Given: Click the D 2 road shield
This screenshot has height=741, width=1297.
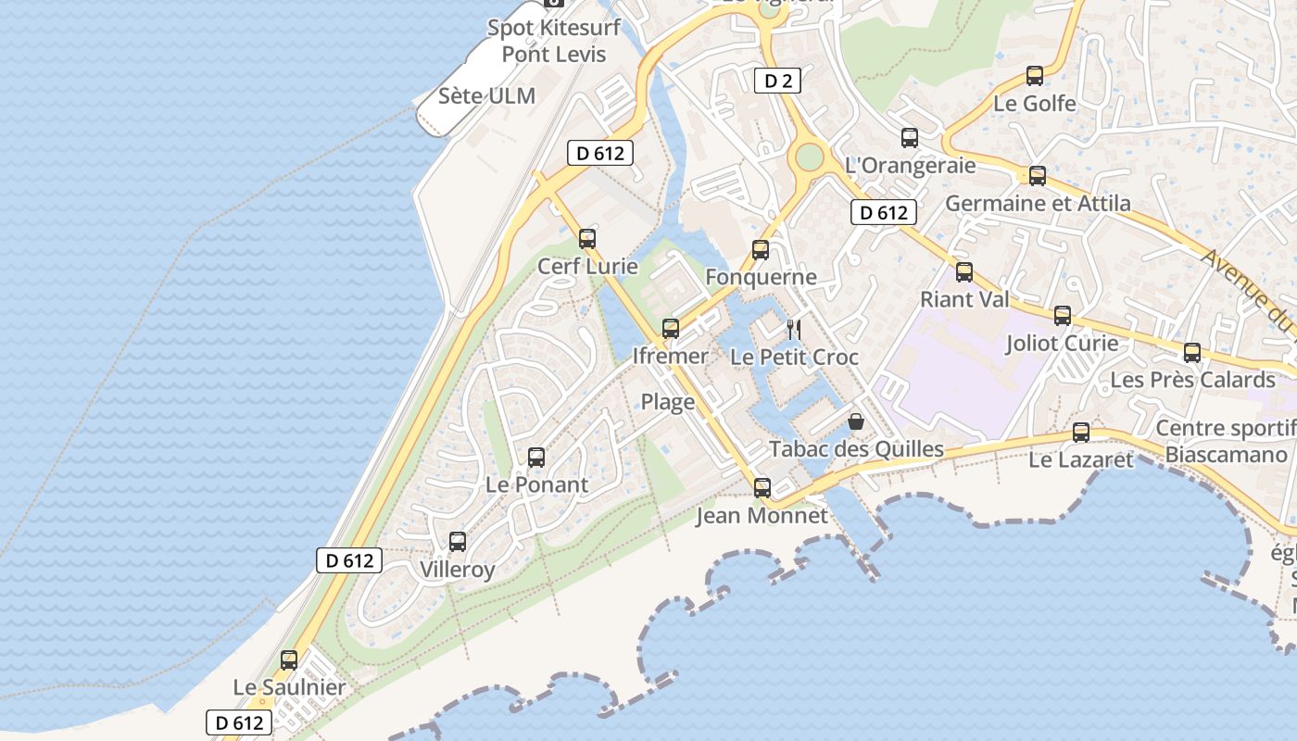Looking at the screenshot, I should click(x=777, y=81).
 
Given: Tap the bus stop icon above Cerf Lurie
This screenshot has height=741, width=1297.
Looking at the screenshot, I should click(x=587, y=239).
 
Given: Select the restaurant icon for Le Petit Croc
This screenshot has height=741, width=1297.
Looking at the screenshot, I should click(x=794, y=329).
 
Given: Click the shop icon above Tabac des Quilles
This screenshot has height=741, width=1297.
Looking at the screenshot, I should click(x=856, y=421).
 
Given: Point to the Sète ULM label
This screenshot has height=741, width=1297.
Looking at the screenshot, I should click(x=486, y=95).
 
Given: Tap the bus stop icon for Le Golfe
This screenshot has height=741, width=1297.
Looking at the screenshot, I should click(x=1035, y=76).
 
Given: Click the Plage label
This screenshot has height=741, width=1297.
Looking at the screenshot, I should click(x=668, y=402).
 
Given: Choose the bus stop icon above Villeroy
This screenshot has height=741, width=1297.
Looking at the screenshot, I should click(x=458, y=542).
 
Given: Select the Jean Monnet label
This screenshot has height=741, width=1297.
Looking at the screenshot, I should click(x=762, y=515).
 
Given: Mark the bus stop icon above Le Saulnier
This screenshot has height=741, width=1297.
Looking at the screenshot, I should click(x=289, y=659).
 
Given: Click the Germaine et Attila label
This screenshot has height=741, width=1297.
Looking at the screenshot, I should click(x=1038, y=203).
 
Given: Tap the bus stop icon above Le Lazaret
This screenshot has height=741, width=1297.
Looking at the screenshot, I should click(x=1081, y=433).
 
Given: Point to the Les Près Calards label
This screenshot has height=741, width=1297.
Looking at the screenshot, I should click(x=1192, y=380).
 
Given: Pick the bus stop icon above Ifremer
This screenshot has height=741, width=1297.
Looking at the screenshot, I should click(x=671, y=329).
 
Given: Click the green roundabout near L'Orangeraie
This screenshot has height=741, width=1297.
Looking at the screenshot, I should click(x=810, y=157).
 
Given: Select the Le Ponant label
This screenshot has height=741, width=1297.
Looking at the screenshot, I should click(x=536, y=484).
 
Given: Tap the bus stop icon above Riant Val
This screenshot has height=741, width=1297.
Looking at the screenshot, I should click(x=964, y=272).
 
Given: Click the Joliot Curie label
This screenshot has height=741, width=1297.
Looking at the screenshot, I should click(x=1062, y=343).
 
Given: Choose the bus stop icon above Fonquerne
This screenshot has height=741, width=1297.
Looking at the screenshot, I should click(x=761, y=250).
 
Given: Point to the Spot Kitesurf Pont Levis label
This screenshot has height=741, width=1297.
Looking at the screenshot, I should click(x=554, y=41).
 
